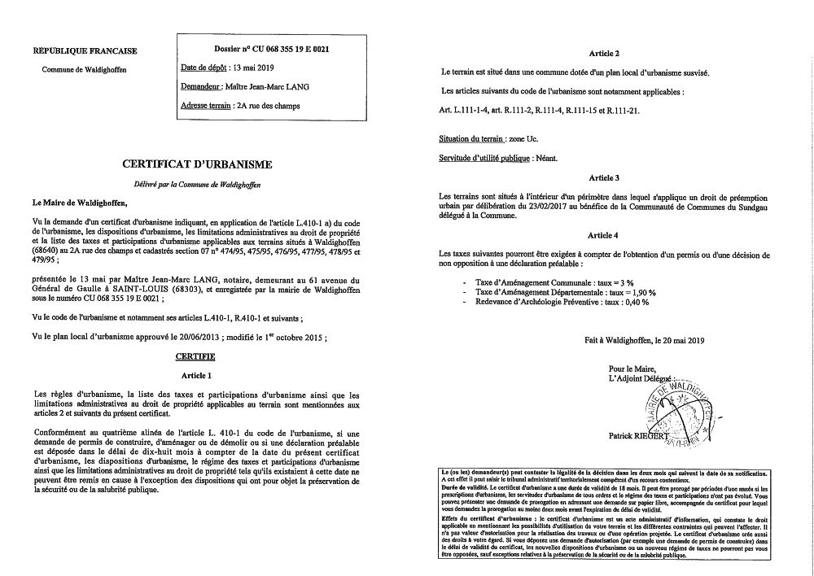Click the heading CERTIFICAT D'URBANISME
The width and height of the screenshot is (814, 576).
[x=196, y=164]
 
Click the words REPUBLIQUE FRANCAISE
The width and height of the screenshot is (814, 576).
[x=85, y=50]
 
